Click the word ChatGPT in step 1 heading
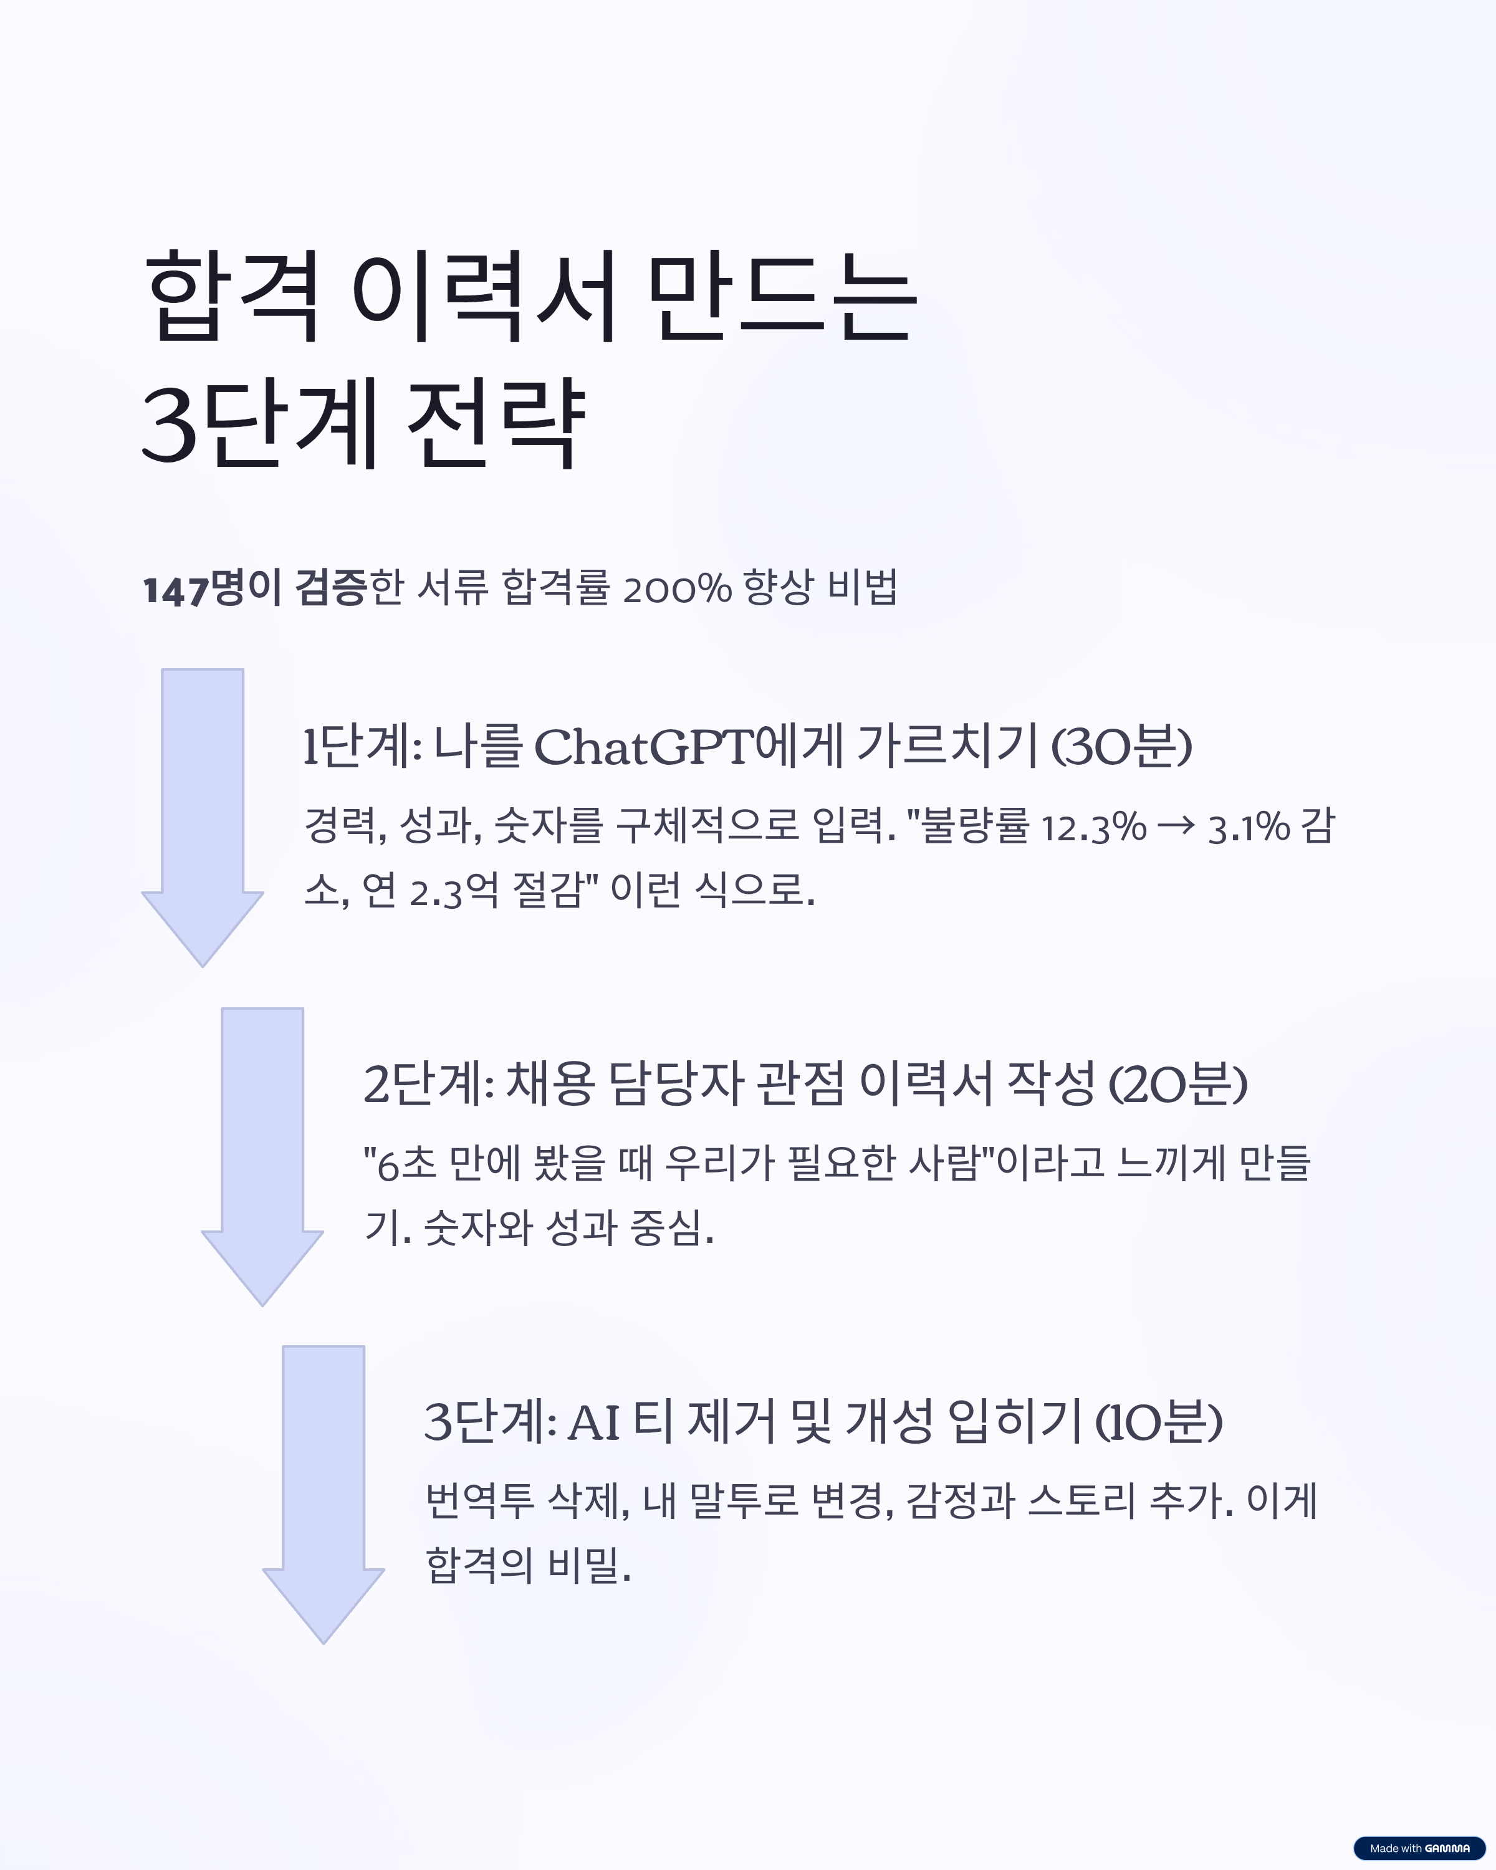[643, 747]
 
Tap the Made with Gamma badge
[1419, 1848]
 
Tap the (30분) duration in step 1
[1121, 747]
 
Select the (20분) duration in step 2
[1177, 1085]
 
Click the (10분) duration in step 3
[1158, 1423]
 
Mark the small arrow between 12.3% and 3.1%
[1176, 827]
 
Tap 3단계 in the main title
[260, 423]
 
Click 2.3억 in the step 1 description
[453, 891]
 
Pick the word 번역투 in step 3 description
[479, 1502]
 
